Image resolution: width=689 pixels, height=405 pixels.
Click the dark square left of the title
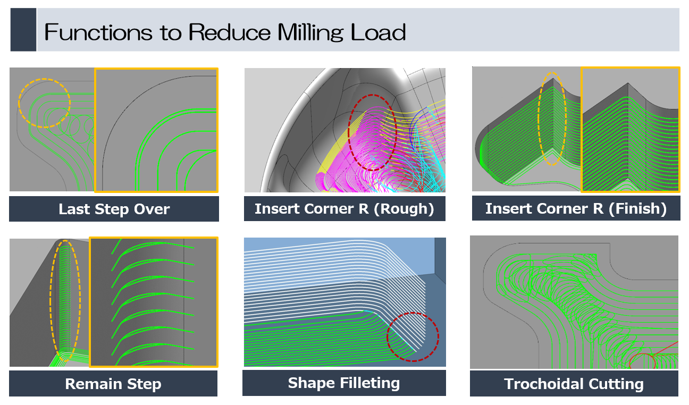[23, 30]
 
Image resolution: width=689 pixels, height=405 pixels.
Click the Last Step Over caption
[114, 209]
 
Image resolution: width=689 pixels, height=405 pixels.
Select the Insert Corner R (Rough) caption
[344, 209]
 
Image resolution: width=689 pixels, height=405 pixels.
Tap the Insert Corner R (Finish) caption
[576, 209]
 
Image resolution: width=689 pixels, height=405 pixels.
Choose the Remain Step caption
[113, 384]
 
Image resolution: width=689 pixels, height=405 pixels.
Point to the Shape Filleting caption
[344, 383]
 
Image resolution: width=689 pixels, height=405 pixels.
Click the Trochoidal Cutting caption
[574, 384]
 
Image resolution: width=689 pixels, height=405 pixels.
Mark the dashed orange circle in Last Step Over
[44, 103]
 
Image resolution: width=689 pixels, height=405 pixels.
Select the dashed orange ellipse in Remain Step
[66, 300]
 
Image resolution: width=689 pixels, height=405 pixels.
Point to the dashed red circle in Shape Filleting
[413, 336]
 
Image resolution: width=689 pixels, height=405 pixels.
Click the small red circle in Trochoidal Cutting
[642, 361]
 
